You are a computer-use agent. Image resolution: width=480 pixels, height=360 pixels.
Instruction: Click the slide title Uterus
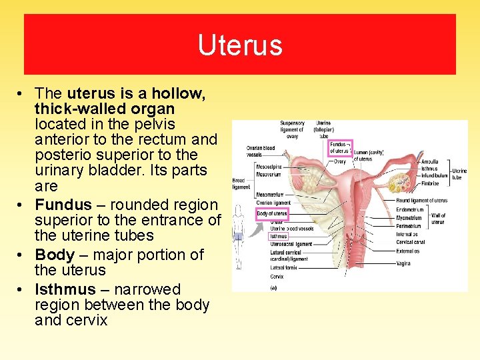(240, 45)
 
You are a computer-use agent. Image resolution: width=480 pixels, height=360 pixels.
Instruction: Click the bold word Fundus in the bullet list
(59, 205)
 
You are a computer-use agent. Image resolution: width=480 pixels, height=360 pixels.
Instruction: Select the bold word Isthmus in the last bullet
(65, 289)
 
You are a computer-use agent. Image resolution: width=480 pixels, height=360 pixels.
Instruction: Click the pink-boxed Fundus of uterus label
(339, 148)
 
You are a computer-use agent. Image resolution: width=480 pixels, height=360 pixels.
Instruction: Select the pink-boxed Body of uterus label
(272, 213)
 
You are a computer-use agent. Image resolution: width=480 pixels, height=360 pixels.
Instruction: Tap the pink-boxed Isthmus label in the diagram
(278, 236)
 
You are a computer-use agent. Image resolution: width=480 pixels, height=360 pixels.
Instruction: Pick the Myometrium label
(409, 217)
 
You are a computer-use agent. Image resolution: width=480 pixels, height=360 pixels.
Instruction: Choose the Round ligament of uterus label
(421, 201)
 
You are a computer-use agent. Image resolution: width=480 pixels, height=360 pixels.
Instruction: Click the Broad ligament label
(241, 183)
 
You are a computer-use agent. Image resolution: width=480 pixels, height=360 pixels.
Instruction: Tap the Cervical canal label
(411, 242)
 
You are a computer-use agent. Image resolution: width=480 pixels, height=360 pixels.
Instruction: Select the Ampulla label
(429, 162)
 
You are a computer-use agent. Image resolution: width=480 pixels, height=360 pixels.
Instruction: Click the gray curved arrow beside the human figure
(255, 230)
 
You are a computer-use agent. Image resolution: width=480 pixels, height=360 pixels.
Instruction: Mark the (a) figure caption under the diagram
(273, 287)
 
